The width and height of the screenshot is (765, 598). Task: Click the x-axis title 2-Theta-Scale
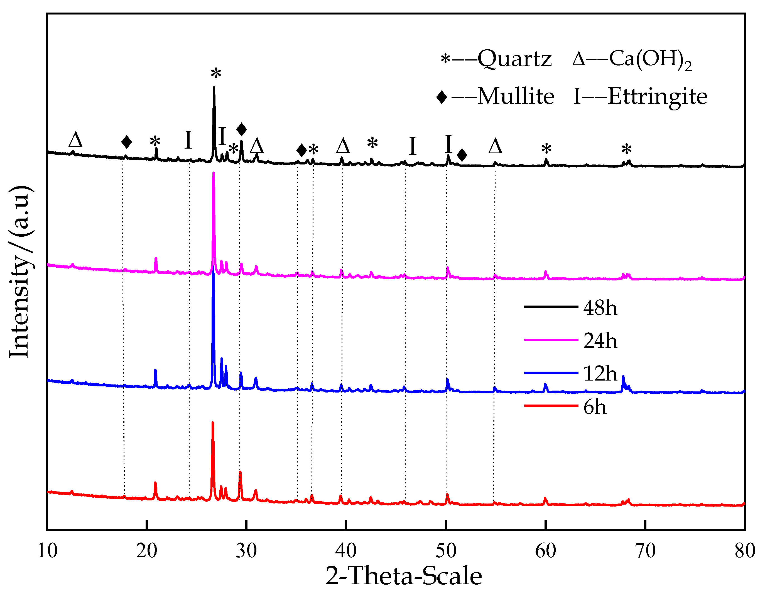pos(403,576)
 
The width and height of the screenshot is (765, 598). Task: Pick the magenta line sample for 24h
pos(551,340)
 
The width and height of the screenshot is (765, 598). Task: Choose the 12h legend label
pos(600,373)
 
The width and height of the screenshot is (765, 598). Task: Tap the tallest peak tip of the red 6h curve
pos(213,423)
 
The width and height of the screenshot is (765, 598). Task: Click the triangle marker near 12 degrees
pos(75,140)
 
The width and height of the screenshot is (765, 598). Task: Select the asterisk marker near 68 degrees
pos(626,150)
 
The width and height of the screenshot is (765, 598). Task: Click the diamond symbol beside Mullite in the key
pos(442,97)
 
